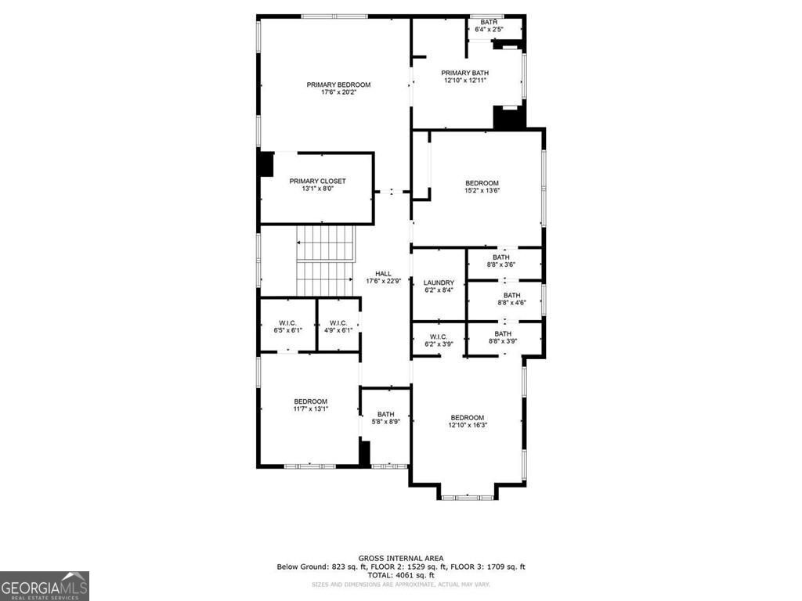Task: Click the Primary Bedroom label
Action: coord(338,85)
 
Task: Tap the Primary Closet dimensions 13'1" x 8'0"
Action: coord(317,189)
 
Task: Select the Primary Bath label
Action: coord(464,73)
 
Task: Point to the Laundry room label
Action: coord(439,283)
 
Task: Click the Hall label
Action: coord(383,273)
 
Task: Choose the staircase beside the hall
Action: coord(325,261)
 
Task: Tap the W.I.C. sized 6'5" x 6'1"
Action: coord(287,323)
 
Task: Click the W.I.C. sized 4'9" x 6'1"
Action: coord(338,323)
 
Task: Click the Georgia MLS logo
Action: coord(45,585)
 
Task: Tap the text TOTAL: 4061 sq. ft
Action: coord(401,575)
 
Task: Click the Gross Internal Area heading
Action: coord(401,558)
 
